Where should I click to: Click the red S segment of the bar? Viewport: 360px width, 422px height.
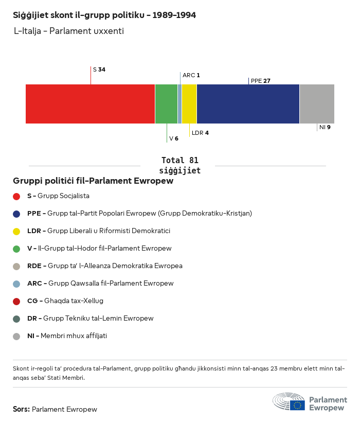click(x=90, y=104)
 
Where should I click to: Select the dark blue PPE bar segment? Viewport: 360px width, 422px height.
click(x=248, y=104)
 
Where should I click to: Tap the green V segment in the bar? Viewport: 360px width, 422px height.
click(x=166, y=104)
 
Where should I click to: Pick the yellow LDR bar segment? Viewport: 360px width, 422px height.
click(x=189, y=104)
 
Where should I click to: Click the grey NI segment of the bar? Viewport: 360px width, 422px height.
click(x=317, y=104)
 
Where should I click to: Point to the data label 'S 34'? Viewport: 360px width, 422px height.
click(x=99, y=69)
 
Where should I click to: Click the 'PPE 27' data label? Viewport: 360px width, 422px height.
click(x=260, y=81)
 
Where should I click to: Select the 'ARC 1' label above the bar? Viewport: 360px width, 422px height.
click(x=191, y=75)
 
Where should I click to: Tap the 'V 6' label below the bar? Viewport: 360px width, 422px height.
click(x=174, y=138)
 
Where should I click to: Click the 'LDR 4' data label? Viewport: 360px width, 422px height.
click(x=200, y=133)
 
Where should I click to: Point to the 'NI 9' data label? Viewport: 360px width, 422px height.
click(x=325, y=127)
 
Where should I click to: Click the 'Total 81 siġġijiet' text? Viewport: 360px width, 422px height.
click(x=179, y=165)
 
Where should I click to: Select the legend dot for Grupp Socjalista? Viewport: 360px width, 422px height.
click(x=16, y=196)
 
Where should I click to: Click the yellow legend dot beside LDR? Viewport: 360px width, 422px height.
click(x=16, y=231)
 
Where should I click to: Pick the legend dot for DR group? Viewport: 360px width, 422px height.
click(x=16, y=319)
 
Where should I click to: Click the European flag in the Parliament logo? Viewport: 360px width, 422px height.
click(x=297, y=405)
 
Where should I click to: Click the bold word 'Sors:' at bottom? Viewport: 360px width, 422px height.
click(x=21, y=410)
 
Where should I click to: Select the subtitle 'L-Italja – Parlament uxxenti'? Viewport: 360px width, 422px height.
click(x=69, y=31)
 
